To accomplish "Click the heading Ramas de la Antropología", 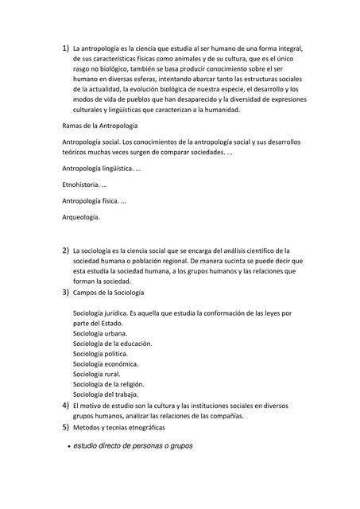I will (x=100, y=126).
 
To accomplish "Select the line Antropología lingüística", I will (x=101, y=169).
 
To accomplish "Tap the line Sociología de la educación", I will (x=112, y=344).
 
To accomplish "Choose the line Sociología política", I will (x=100, y=354).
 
